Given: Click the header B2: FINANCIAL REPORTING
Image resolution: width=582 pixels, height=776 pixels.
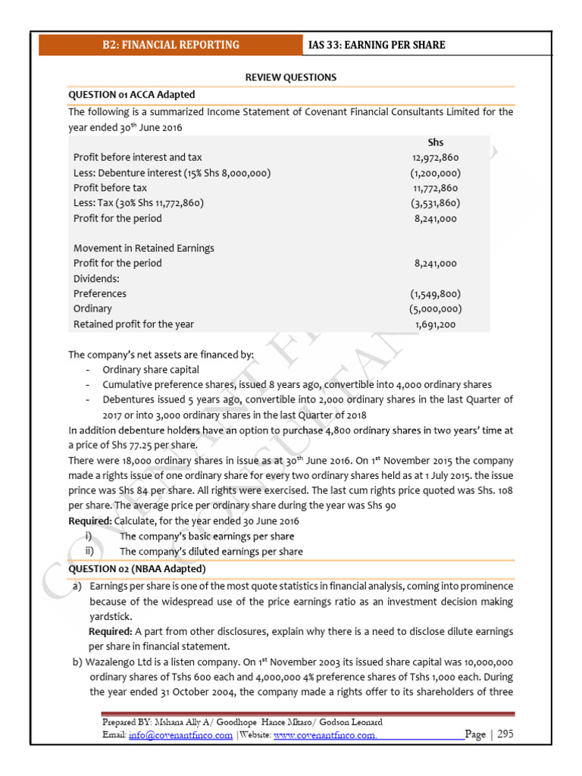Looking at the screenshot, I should click(x=171, y=45).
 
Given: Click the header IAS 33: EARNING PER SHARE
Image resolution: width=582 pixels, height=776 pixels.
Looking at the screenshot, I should click(x=377, y=45).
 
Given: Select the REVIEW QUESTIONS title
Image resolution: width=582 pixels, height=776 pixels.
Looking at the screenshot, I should click(x=291, y=77).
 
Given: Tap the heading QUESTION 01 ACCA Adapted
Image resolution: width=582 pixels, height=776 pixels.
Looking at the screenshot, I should click(x=131, y=95).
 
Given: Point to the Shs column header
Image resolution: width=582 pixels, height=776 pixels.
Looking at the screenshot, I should click(x=435, y=142).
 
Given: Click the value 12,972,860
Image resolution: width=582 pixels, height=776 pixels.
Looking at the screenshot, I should click(x=435, y=158).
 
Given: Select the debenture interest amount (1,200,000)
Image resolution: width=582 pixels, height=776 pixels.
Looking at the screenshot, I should click(x=435, y=173).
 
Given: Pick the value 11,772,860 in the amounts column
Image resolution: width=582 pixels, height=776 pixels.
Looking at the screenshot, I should click(x=435, y=188).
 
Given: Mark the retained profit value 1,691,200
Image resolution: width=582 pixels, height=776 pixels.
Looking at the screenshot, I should click(x=435, y=324).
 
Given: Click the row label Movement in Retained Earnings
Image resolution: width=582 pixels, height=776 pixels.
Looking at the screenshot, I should click(x=143, y=249).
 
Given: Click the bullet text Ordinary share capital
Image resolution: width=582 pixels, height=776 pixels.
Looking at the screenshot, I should click(x=151, y=370).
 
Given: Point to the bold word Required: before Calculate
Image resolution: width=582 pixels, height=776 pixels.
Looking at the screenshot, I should click(x=89, y=521).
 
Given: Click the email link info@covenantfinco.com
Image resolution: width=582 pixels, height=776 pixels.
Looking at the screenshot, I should click(x=180, y=736).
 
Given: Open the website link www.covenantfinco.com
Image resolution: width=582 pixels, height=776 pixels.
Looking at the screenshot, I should click(x=324, y=736).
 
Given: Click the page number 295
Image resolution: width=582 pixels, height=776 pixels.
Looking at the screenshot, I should click(x=505, y=735).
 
